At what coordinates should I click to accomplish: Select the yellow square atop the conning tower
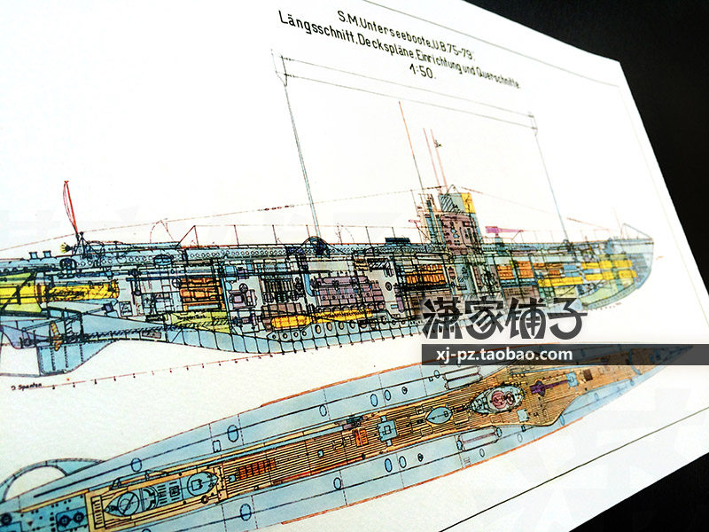pyautogui.click(x=467, y=203)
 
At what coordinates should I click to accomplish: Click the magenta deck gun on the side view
pyautogui.click(x=503, y=231)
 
